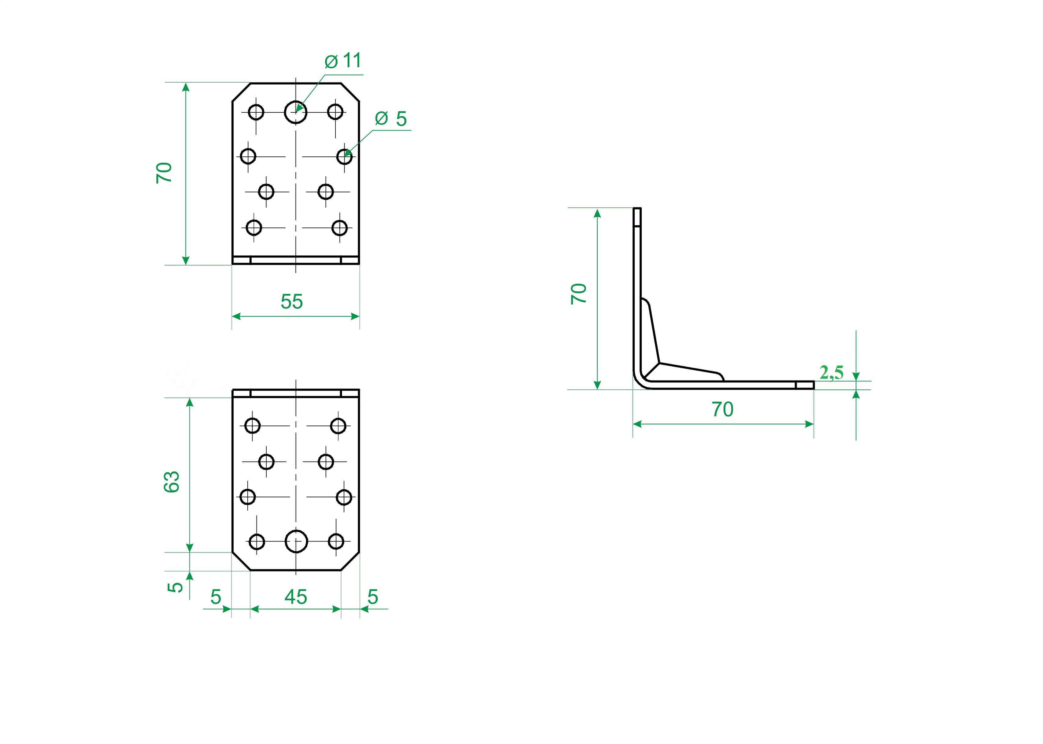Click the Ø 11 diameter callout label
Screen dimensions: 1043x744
point(343,60)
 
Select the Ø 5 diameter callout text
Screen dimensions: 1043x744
point(391,119)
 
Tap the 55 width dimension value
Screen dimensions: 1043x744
point(292,301)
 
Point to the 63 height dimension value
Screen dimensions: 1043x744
point(172,481)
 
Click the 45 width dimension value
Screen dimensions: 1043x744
point(295,597)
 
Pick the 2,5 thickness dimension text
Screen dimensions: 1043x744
point(831,373)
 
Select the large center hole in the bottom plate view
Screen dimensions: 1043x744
point(296,542)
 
